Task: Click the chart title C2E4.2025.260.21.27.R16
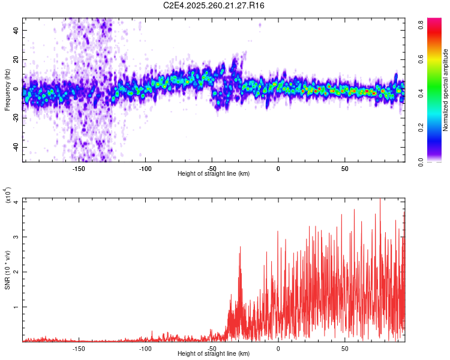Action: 214,5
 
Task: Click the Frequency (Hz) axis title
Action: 7,90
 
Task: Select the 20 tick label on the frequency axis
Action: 17,59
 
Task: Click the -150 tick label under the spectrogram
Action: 79,169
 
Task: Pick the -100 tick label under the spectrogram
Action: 145,169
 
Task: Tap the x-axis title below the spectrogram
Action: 214,174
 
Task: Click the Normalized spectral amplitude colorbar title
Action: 446,90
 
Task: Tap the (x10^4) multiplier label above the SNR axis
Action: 7,196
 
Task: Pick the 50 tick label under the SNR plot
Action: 344,349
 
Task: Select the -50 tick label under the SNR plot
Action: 212,349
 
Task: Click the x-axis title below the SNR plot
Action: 214,354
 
